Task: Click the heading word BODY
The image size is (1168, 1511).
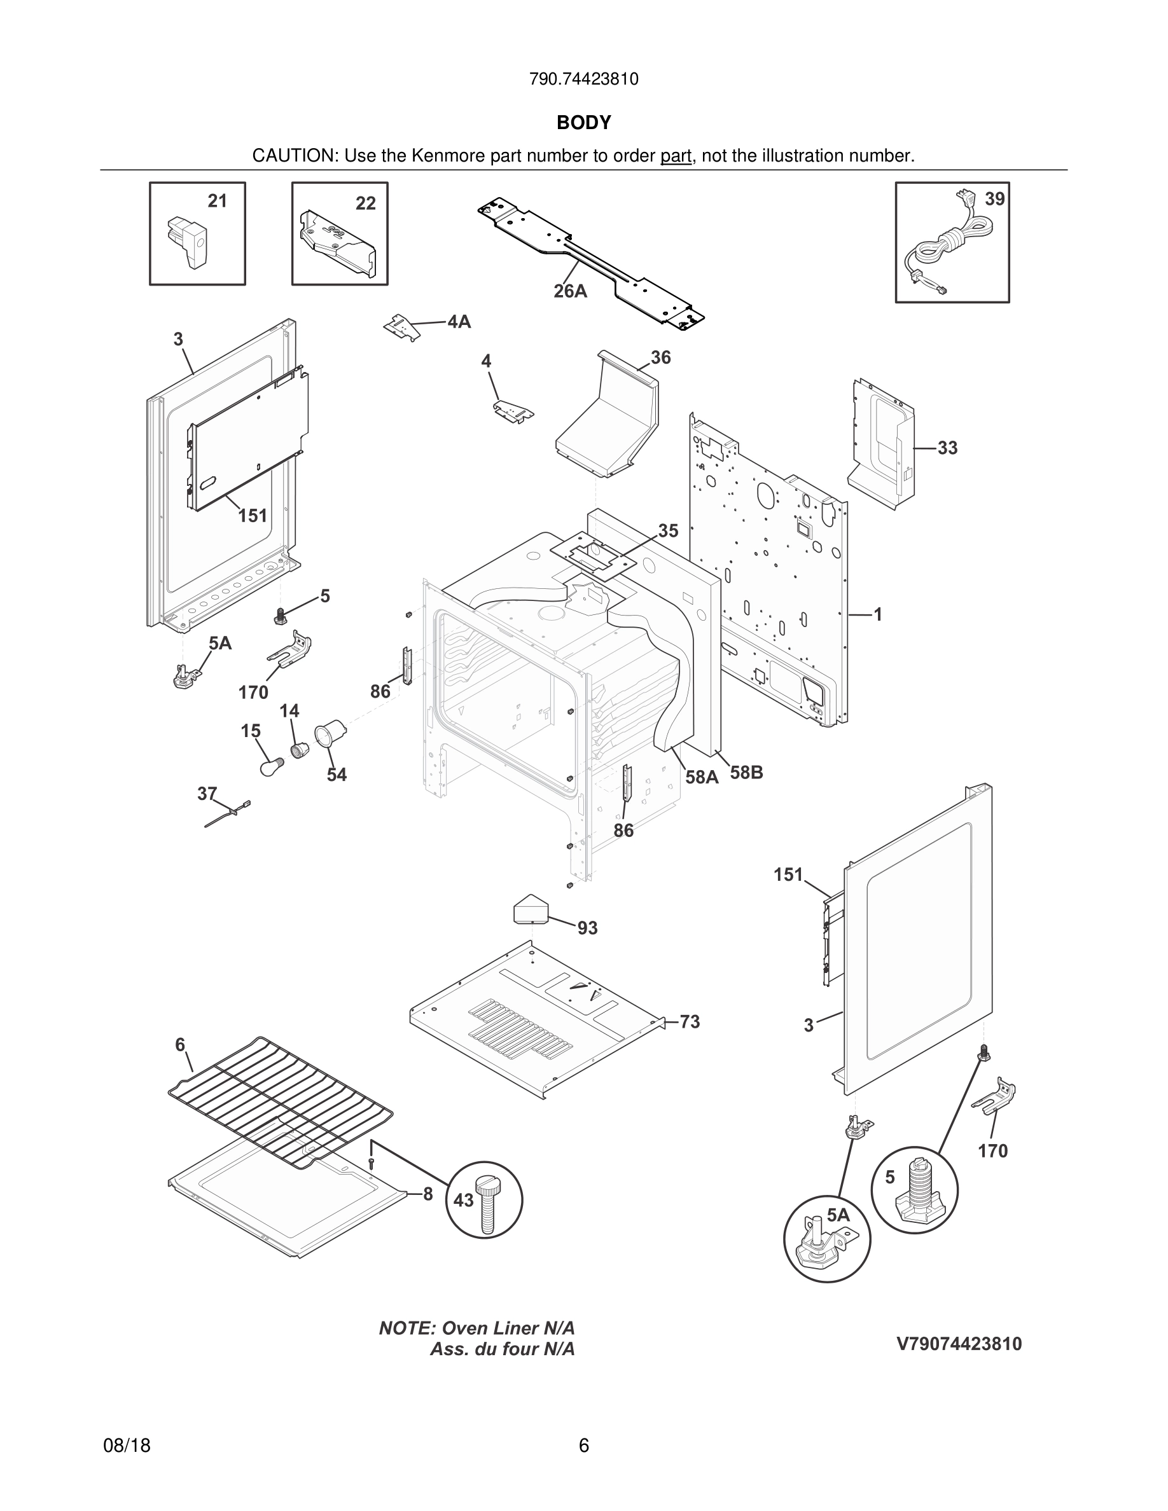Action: pos(583,123)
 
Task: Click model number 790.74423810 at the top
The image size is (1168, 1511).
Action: pos(583,79)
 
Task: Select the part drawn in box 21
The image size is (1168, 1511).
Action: pos(188,243)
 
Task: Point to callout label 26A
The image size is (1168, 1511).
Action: pos(570,291)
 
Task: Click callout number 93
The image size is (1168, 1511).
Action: pos(587,928)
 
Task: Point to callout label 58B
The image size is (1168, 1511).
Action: pos(747,772)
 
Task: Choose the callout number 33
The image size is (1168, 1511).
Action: pos(947,448)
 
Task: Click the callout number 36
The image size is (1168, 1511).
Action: pos(661,357)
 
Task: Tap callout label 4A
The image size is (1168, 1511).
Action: pos(459,322)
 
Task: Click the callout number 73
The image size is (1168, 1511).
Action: pos(690,1021)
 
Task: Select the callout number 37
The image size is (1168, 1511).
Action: pos(207,794)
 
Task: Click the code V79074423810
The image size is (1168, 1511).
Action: pos(959,1344)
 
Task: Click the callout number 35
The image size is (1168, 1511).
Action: pos(668,530)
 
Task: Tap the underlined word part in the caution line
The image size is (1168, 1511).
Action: pos(676,156)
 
